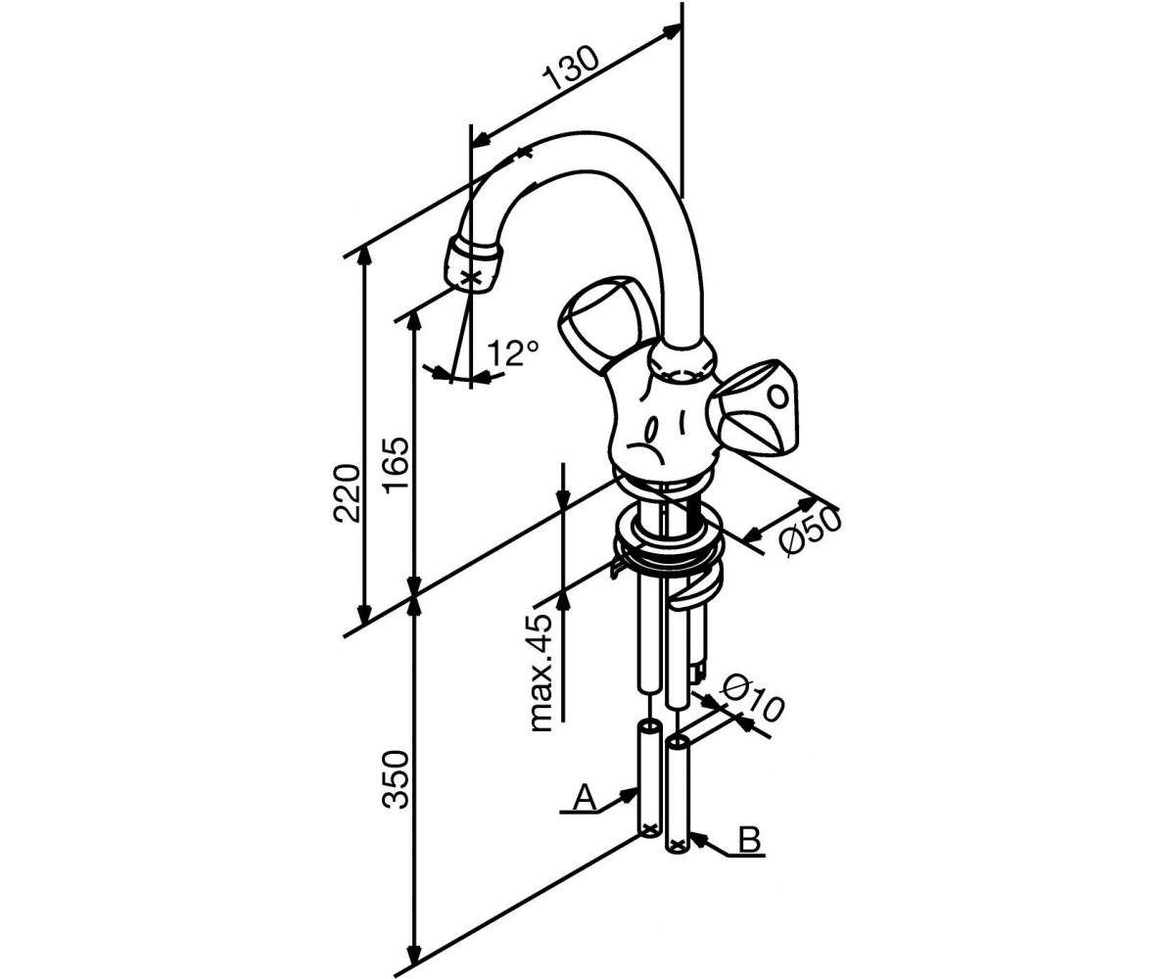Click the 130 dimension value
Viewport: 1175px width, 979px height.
(x=571, y=69)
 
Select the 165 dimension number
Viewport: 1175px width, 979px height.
(x=397, y=465)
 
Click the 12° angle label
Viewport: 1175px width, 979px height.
(x=513, y=352)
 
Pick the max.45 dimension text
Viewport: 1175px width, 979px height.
(x=541, y=674)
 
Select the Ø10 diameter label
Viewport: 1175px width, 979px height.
(x=752, y=698)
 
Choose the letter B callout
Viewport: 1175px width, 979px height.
(x=749, y=839)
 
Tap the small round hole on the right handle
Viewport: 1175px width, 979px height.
(x=778, y=397)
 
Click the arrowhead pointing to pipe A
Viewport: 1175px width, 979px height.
(x=630, y=794)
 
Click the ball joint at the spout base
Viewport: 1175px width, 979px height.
(x=682, y=360)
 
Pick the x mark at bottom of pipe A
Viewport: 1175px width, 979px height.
(x=650, y=828)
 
